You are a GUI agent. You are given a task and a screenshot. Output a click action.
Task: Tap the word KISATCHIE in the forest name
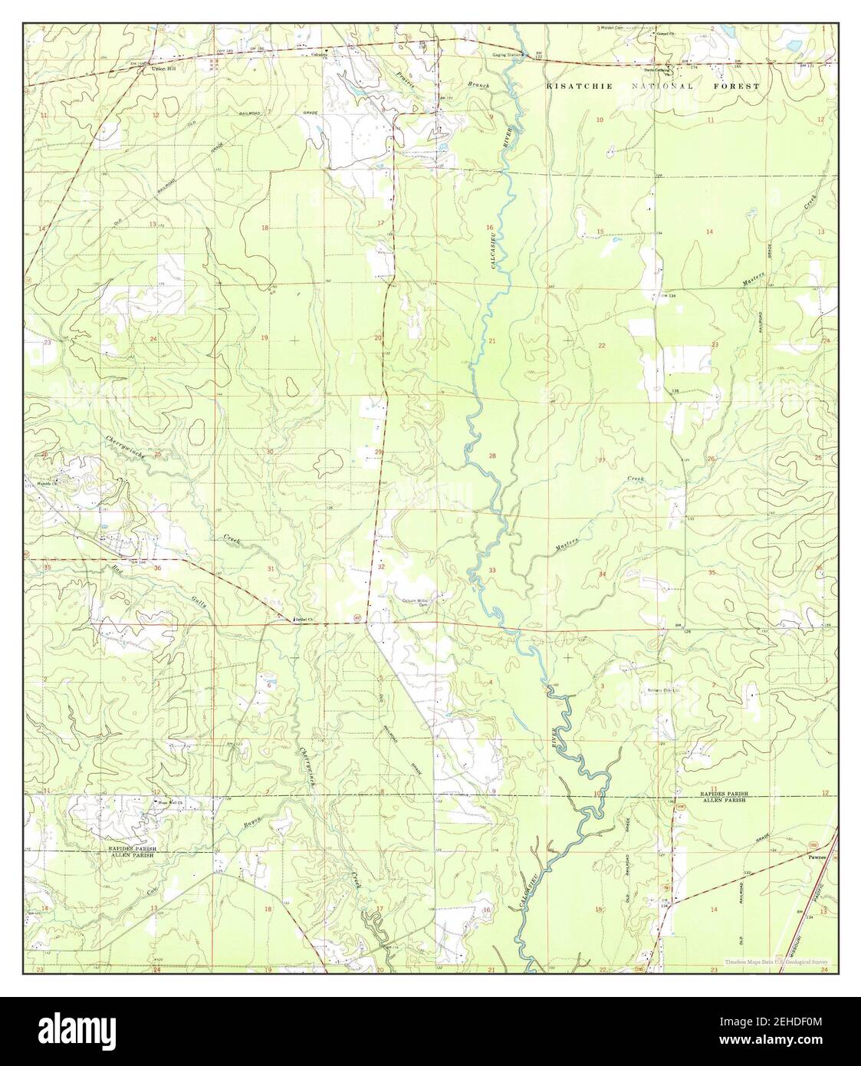[x=579, y=87]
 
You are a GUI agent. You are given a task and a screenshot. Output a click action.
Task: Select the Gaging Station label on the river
[x=508, y=56]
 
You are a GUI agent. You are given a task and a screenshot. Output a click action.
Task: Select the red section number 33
[x=492, y=570]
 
